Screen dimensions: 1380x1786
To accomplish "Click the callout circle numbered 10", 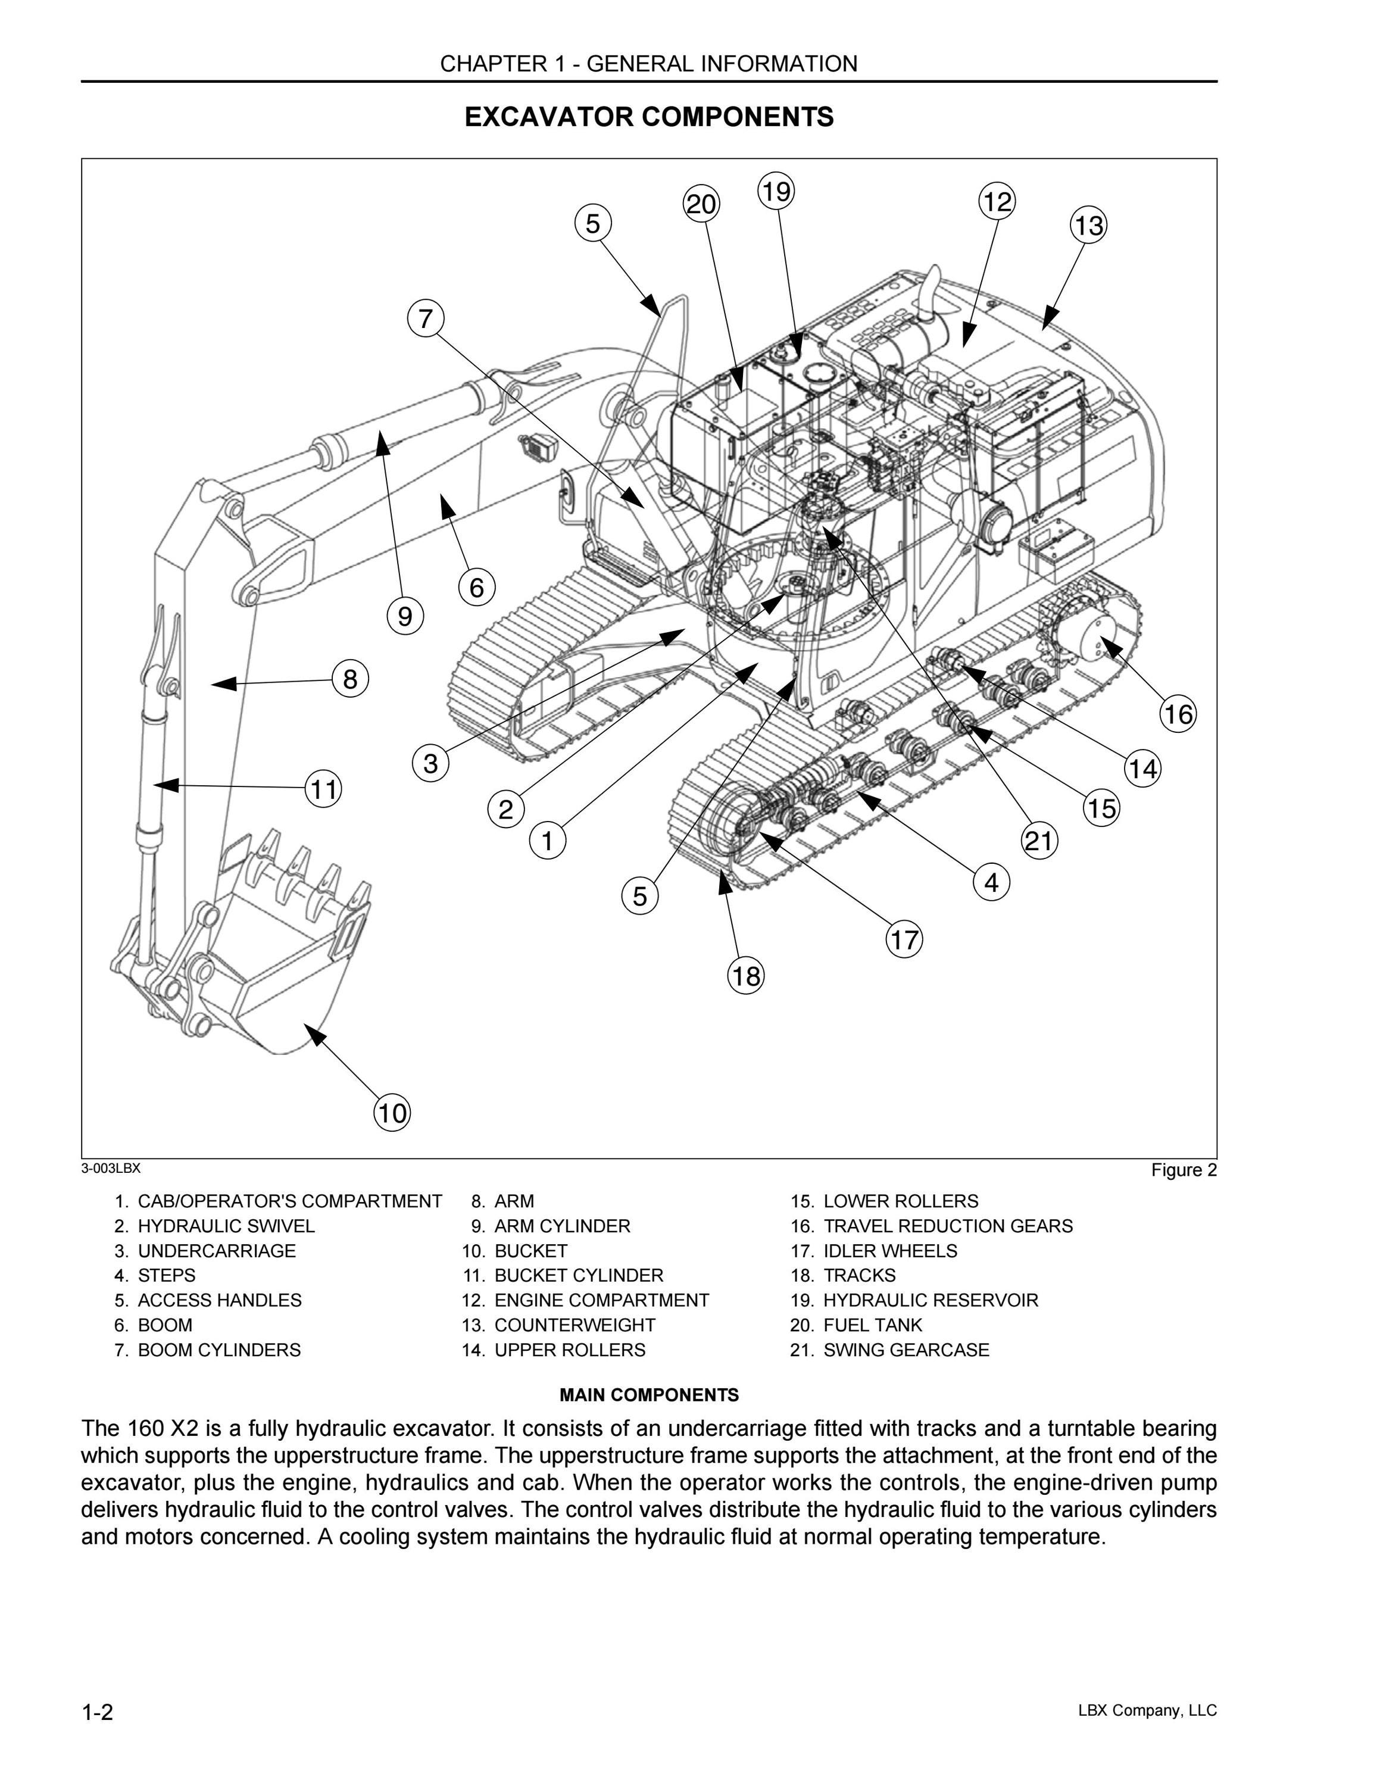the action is click(392, 1113).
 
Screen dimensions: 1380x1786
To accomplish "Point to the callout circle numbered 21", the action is click(1039, 840).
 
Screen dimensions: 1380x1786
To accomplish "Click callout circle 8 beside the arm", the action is click(350, 679).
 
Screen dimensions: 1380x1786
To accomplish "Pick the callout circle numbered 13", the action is click(1088, 225).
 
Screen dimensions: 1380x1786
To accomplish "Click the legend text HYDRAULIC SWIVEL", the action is click(226, 1226).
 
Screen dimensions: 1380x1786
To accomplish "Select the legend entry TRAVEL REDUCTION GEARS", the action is click(948, 1226).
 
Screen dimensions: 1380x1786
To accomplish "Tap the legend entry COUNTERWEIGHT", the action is click(575, 1325).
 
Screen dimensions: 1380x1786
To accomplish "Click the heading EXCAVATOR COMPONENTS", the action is click(649, 117).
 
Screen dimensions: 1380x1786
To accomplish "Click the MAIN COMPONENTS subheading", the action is click(649, 1395).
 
